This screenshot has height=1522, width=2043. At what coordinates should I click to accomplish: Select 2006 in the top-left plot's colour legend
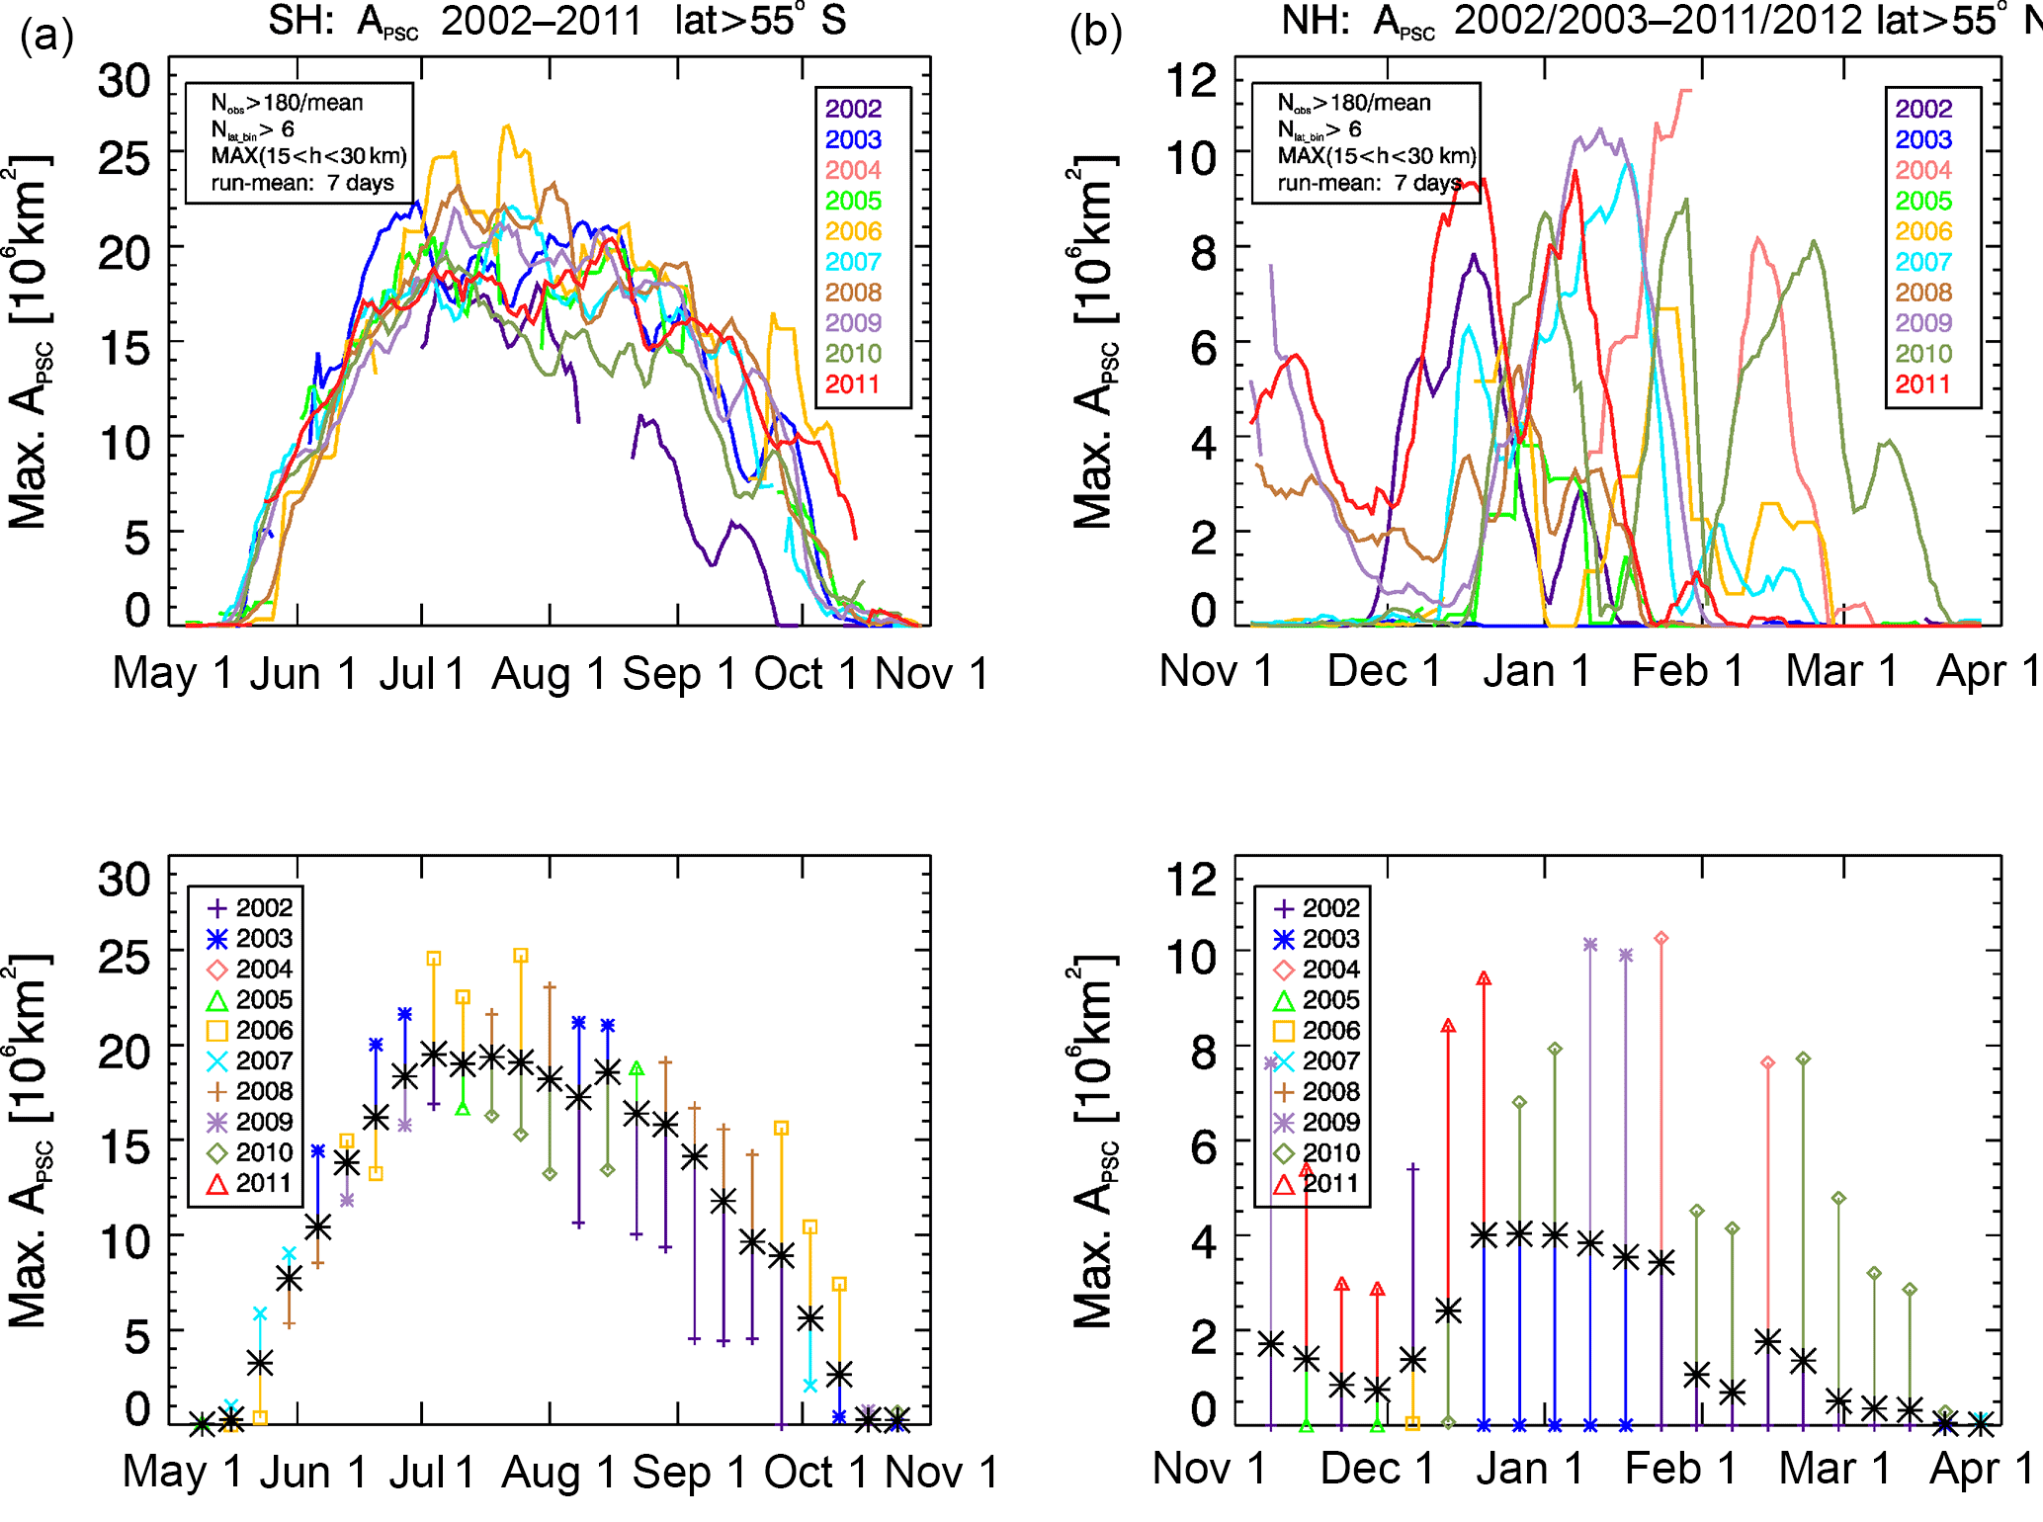point(853,231)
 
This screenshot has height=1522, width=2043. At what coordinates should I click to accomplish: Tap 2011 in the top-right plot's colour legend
point(1922,384)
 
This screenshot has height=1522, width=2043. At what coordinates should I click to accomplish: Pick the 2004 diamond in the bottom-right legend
point(1284,970)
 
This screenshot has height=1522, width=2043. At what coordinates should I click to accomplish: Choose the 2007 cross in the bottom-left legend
point(217,1061)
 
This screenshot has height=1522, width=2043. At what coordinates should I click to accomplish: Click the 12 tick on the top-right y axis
point(1192,80)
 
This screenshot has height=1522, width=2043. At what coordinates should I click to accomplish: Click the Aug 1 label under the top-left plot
point(549,674)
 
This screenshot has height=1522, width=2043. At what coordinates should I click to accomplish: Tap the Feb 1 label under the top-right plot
point(1687,671)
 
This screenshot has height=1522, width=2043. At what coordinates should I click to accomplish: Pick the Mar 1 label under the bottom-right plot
point(1834,1470)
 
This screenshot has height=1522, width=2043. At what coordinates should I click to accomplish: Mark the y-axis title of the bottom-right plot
point(1094,1141)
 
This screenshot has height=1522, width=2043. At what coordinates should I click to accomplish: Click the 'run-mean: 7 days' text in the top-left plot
point(301,183)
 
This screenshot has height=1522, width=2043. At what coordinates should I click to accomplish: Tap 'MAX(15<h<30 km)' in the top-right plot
point(1376,155)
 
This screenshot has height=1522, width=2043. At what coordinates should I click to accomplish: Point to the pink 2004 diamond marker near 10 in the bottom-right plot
point(1661,938)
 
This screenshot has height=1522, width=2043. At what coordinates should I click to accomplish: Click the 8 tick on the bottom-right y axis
point(1203,1054)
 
